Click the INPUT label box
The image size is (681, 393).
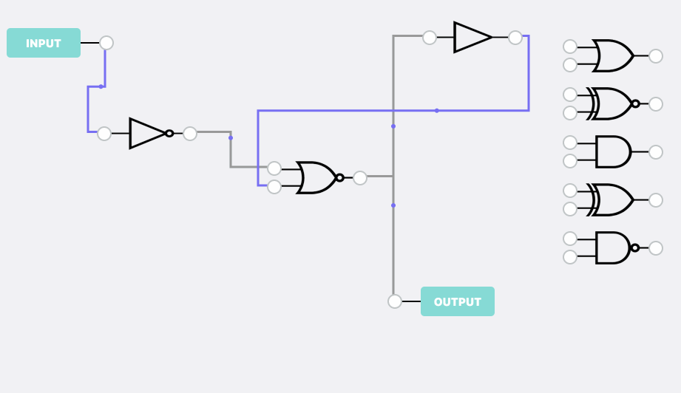tap(44, 43)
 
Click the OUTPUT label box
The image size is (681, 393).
tap(457, 301)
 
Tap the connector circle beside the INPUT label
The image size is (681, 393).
tap(106, 43)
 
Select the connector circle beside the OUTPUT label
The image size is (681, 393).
tap(395, 301)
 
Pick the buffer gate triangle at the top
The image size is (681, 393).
tap(472, 38)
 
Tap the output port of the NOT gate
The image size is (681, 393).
tap(190, 134)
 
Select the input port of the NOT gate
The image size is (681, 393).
tap(104, 134)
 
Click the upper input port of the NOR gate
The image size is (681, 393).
tap(274, 168)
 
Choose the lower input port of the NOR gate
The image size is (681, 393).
tap(274, 187)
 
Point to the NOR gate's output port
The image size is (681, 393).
tap(360, 178)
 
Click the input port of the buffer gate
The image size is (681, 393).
tap(430, 38)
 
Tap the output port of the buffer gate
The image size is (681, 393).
tap(515, 38)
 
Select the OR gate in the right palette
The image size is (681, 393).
tap(612, 56)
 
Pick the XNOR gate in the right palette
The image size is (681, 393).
tap(612, 104)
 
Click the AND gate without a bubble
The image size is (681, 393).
tap(612, 152)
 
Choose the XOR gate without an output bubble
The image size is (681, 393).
tap(612, 200)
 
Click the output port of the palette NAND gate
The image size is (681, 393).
tap(656, 248)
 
